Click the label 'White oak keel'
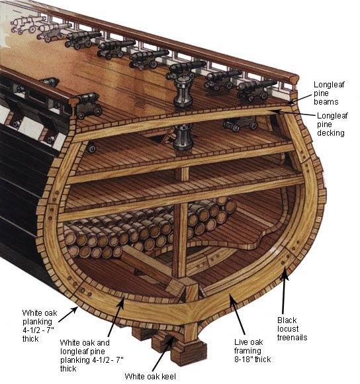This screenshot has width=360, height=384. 150,376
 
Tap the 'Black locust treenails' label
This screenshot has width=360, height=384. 292,328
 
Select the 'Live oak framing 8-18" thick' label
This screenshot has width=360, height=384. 252,350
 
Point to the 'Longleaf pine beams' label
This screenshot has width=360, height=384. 329,93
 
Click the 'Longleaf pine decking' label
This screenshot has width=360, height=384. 332,124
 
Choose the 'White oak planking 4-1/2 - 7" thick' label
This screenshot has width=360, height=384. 40,326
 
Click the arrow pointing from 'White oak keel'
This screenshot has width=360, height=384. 163,354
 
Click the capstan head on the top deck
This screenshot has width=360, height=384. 183,90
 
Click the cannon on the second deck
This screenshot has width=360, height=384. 241,123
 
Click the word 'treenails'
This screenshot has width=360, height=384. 292,337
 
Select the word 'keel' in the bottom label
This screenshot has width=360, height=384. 168,376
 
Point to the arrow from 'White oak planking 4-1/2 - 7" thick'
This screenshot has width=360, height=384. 67,314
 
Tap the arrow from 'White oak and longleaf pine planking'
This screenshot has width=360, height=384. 116,316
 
